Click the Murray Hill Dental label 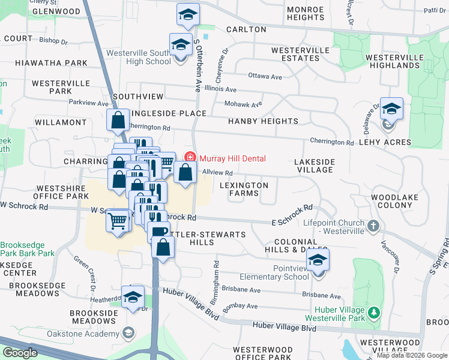click(x=232, y=158)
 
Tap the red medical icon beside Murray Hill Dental click(x=190, y=158)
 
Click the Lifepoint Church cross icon click(x=373, y=226)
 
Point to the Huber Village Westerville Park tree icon click(x=374, y=313)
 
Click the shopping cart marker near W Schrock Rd click(x=118, y=221)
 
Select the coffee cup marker click(x=160, y=231)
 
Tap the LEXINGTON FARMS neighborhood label click(x=244, y=190)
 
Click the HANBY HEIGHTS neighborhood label click(x=263, y=121)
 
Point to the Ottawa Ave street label click(x=265, y=77)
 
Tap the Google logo click(x=20, y=352)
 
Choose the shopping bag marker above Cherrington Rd click(x=118, y=120)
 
